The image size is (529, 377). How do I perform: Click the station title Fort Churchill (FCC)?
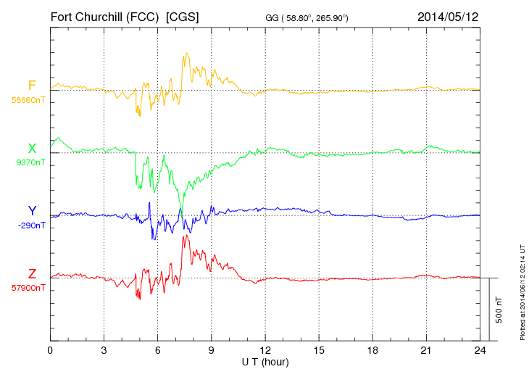(104, 16)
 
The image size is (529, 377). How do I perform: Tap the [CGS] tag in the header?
(183, 16)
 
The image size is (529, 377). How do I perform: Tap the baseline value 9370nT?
(30, 162)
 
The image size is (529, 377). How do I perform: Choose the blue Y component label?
(32, 211)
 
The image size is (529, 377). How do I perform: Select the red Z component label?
(32, 274)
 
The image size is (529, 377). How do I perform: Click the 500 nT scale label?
(499, 309)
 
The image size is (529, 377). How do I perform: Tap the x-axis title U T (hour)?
(265, 361)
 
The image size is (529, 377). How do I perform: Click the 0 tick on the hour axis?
(50, 350)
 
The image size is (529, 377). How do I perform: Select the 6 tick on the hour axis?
(158, 350)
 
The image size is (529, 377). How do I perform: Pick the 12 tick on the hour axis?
(265, 350)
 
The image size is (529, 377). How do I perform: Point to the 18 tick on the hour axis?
(372, 350)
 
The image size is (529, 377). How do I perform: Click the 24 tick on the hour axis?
(480, 350)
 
